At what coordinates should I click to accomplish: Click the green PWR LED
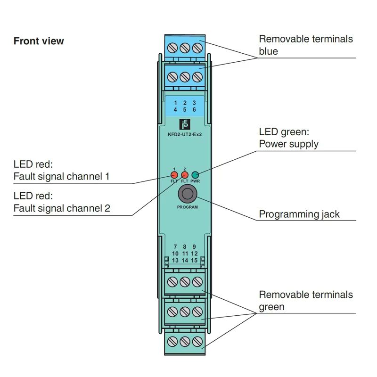point(195,175)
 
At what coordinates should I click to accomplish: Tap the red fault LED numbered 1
point(174,175)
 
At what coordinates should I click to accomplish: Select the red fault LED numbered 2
point(185,175)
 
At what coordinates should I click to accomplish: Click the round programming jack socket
point(187,194)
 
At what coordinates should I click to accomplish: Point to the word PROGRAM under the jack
point(187,207)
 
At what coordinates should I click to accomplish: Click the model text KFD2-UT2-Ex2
point(185,134)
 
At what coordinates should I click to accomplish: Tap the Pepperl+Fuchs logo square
point(185,124)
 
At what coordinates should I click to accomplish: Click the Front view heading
point(39,41)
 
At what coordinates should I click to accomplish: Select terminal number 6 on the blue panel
point(194,110)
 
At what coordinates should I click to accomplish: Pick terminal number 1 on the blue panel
point(175,103)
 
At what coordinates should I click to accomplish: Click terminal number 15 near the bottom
point(194,261)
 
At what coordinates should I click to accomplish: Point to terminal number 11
point(185,254)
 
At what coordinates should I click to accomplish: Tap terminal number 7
point(175,246)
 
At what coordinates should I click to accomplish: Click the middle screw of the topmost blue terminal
point(185,48)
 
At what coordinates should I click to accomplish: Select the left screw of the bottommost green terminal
point(172,341)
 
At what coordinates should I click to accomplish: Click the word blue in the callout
point(268,51)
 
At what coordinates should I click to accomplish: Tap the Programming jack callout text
point(299,214)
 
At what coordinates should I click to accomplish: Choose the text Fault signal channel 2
point(62,208)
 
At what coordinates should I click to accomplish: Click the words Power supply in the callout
point(288,144)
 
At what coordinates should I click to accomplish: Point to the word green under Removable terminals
point(272,307)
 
